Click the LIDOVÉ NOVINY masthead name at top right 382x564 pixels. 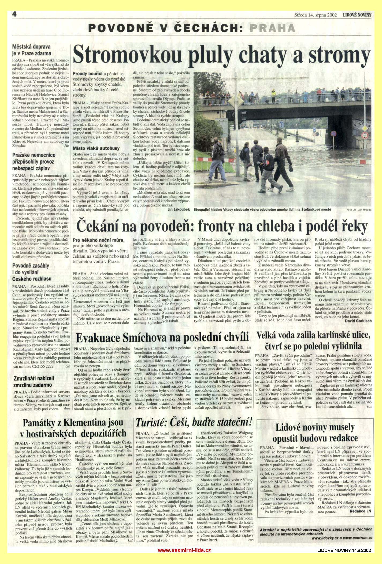pos(357,15)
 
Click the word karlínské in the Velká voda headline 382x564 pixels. pos(323,336)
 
